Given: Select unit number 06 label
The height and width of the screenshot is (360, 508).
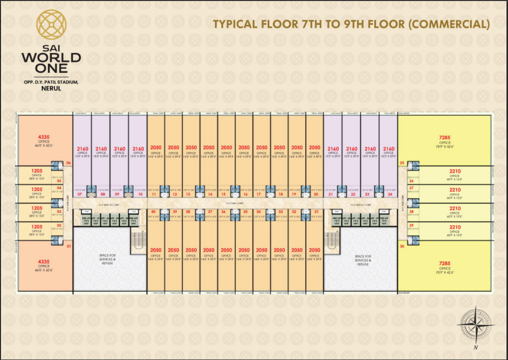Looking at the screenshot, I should coord(68,163).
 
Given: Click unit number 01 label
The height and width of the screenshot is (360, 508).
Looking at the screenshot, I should coord(68,246).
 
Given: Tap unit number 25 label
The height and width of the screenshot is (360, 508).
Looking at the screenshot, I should coord(402,163).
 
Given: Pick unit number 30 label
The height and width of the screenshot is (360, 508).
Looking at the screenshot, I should coord(402,246).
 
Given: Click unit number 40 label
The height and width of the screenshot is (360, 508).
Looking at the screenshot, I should coord(153,211).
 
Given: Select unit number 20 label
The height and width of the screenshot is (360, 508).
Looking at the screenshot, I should coord(316,194).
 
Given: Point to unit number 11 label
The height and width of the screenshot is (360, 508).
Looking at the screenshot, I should coord(154,194).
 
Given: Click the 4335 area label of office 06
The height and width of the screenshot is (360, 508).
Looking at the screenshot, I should coord(43,137).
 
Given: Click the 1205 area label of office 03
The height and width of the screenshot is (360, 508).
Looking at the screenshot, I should coord(37,208).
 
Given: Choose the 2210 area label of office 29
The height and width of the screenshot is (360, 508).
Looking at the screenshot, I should coord(454,227).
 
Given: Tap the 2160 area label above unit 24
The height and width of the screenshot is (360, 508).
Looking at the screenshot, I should coord(389,149).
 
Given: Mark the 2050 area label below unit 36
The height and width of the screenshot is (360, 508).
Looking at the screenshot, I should coord(226,250).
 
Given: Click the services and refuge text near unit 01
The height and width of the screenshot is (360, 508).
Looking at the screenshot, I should coord(107,260).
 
